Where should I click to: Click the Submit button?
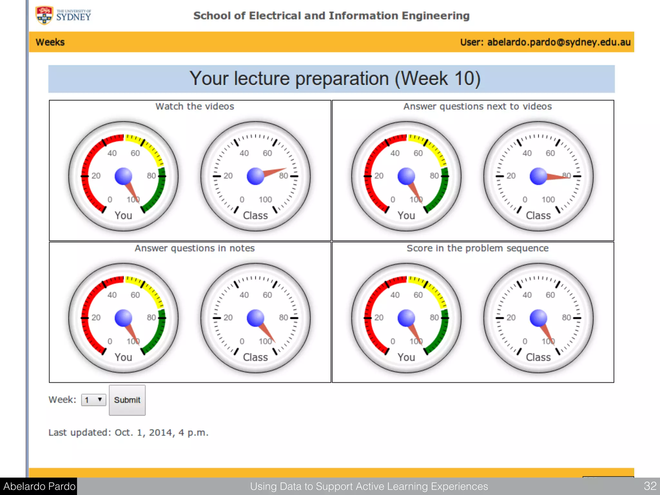(127, 400)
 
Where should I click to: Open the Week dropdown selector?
(93, 400)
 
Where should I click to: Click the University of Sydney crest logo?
(44, 15)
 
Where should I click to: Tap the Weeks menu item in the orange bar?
(50, 42)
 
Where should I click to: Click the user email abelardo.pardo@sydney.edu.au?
(558, 42)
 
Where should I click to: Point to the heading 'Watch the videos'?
(195, 106)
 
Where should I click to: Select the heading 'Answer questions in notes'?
(195, 248)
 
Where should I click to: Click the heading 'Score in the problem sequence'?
(477, 248)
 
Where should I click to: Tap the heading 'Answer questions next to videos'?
(477, 106)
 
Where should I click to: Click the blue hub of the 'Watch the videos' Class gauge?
(256, 176)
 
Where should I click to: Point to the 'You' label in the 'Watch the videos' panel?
(123, 215)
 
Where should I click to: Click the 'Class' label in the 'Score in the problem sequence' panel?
(538, 357)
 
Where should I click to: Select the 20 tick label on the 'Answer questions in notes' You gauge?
(96, 317)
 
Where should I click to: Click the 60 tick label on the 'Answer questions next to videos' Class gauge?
(550, 153)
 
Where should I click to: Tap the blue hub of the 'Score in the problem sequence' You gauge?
(406, 318)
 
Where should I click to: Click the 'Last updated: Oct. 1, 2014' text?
(128, 432)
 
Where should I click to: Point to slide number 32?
(650, 486)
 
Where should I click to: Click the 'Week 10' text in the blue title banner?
(438, 79)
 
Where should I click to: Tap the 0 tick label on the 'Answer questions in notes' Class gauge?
(242, 341)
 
